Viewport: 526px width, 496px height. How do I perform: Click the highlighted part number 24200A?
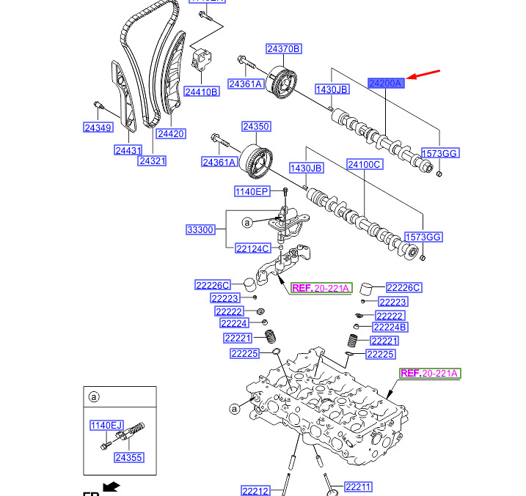tap(386, 84)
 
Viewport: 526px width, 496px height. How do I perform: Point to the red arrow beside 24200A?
tap(425, 75)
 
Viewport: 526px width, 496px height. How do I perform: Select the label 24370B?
tap(284, 49)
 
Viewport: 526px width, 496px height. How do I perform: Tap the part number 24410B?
tap(201, 92)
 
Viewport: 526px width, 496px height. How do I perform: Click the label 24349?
tap(98, 128)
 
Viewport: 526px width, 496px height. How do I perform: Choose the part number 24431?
tap(128, 150)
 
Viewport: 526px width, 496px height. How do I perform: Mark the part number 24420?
tap(170, 133)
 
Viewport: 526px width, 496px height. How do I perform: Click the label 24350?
tap(256, 127)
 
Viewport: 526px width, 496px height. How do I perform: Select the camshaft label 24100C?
tap(365, 165)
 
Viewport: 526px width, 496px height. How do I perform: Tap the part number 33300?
tap(200, 229)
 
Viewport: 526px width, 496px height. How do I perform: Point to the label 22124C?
tap(253, 248)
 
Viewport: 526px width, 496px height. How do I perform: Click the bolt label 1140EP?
tap(252, 191)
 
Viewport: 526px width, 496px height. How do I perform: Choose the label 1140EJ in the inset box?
tap(107, 425)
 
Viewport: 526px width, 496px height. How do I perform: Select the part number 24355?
tap(129, 457)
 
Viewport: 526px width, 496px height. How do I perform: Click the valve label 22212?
tap(256, 490)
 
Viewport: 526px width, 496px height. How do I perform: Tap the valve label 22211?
tap(359, 486)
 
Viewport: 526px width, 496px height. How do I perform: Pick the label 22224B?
tap(390, 327)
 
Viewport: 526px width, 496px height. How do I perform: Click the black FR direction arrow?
tap(111, 486)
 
